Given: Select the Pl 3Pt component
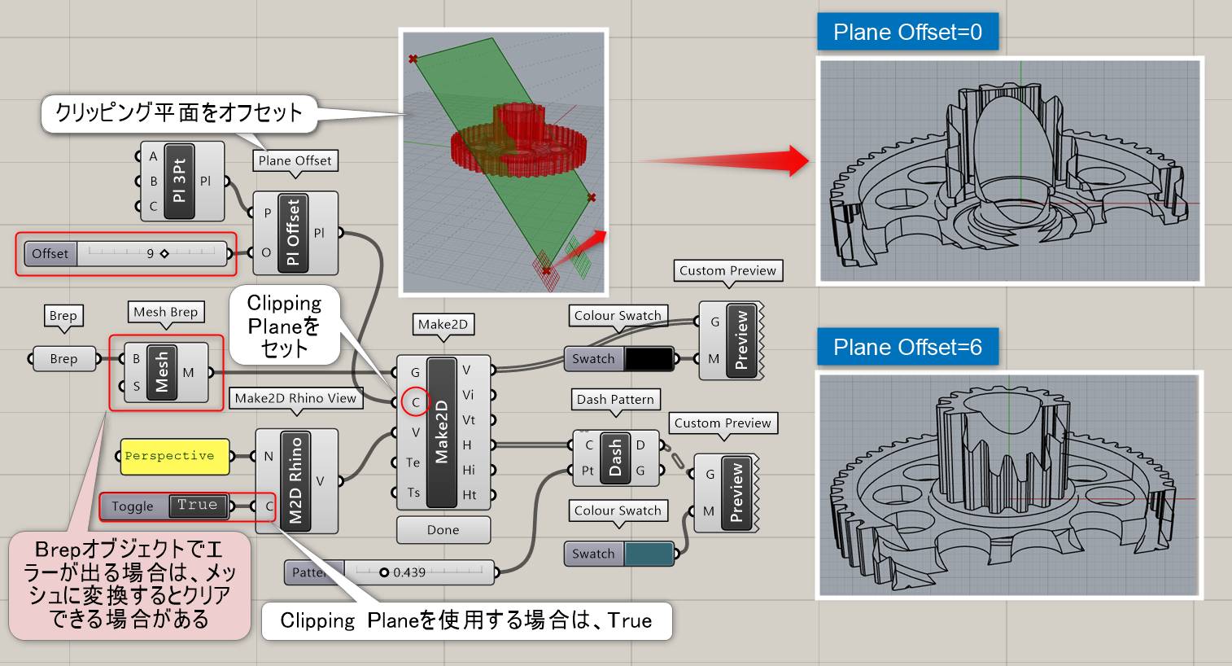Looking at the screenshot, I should (180, 181).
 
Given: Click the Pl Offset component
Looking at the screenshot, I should (293, 233).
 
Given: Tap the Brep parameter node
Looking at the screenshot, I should (63, 358).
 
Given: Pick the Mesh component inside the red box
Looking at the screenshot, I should (163, 371).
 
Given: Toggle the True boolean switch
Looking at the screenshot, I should (197, 506).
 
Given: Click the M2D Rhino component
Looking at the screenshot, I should (295, 480).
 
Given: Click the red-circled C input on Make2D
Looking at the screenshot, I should (415, 402).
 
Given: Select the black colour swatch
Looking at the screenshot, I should (649, 358).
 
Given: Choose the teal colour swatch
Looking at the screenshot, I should (649, 554).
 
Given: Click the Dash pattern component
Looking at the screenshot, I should (615, 458).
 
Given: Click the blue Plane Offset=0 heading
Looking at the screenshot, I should (907, 33).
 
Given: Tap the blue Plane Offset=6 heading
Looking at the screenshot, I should (907, 348).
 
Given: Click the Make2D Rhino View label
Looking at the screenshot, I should (295, 398).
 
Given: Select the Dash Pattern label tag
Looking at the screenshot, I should (615, 400).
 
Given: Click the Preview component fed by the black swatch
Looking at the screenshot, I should (740, 341).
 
